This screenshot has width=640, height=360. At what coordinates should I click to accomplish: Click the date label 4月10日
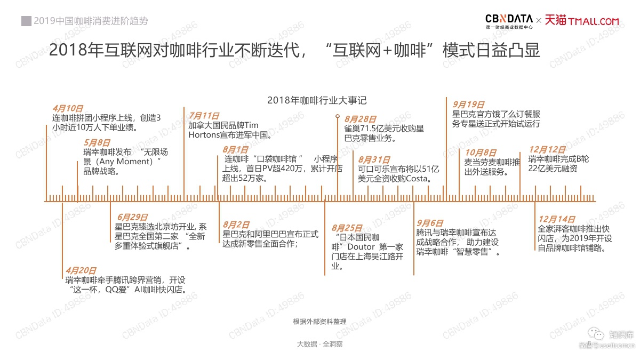(x=68, y=109)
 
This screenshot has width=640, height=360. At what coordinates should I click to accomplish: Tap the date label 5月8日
(x=97, y=142)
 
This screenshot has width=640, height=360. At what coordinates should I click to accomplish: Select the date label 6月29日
(x=133, y=217)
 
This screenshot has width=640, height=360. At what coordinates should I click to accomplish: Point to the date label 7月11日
(x=204, y=116)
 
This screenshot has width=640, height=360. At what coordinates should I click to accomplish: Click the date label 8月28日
(x=361, y=119)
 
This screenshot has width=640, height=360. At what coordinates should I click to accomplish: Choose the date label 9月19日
(x=469, y=105)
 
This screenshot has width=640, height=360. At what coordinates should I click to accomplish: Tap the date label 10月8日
(x=481, y=153)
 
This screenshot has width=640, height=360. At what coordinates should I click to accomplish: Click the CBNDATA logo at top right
(x=509, y=21)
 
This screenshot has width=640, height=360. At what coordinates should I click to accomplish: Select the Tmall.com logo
(x=582, y=21)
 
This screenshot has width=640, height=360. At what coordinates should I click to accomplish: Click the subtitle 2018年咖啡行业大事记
(x=317, y=100)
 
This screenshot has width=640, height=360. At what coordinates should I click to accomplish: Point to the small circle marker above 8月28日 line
(x=338, y=116)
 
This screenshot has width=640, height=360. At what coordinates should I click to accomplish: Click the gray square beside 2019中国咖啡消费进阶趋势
(x=26, y=21)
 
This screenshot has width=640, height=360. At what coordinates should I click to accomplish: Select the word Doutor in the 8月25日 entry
(x=361, y=247)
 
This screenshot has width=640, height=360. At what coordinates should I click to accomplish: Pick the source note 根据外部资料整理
(x=319, y=322)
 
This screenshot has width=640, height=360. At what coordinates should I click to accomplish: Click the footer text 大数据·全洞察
(x=319, y=344)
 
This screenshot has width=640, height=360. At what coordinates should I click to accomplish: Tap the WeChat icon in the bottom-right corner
(x=596, y=334)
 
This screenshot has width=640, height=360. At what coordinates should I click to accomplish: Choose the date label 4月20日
(x=81, y=270)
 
